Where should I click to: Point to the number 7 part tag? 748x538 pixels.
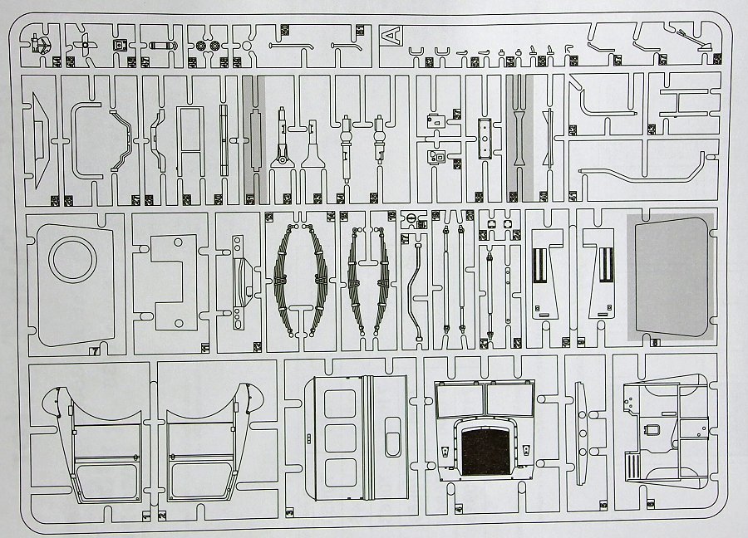(96, 350)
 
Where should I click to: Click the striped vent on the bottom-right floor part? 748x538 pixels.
(636, 461)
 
